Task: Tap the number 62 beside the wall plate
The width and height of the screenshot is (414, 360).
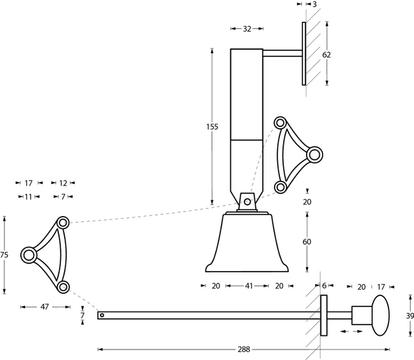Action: (326, 55)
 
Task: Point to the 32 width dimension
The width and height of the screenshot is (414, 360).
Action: (247, 29)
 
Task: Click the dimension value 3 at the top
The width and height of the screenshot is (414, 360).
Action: (315, 5)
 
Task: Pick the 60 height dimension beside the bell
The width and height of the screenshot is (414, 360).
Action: (307, 242)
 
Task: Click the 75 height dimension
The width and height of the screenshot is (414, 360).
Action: (5, 255)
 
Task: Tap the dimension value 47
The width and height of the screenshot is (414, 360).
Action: (45, 306)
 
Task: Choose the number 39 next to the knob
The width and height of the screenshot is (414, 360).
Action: (408, 315)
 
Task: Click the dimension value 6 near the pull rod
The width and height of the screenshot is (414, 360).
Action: (324, 286)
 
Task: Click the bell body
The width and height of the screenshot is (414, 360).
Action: (247, 242)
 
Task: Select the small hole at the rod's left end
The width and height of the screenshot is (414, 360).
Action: (102, 315)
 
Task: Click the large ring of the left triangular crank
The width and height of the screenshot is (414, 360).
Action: (29, 255)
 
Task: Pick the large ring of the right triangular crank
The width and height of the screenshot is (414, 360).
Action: (315, 154)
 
